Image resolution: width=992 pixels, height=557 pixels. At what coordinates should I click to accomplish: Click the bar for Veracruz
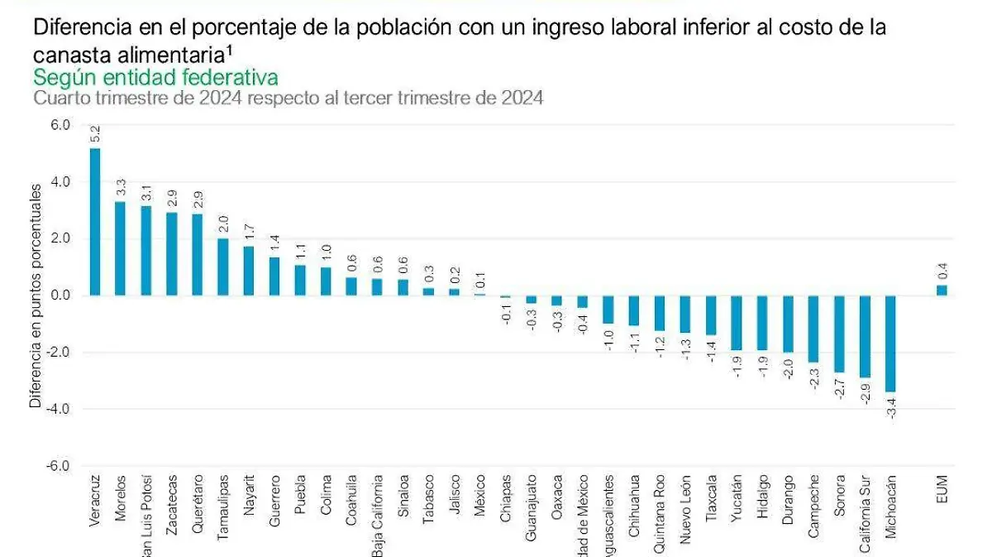point(95,222)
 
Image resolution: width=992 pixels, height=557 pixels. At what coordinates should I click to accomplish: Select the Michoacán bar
point(890,343)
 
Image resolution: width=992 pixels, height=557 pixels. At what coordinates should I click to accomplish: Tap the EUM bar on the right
point(942,290)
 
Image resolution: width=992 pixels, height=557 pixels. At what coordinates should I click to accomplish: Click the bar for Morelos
point(120,248)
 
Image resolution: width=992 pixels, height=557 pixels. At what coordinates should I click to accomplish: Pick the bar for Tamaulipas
point(223,266)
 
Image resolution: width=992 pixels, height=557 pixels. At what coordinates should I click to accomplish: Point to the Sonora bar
point(839,334)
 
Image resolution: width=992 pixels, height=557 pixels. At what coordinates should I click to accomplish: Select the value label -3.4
point(891,407)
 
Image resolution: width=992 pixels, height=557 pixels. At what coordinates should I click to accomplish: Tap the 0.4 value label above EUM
point(942,270)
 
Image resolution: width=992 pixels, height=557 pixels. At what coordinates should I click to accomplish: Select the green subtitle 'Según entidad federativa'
point(155,78)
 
